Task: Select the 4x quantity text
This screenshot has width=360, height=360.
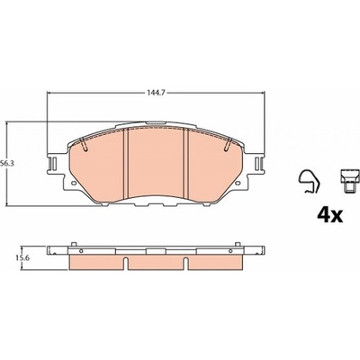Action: (x=329, y=215)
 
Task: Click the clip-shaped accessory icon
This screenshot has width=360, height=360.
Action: (x=309, y=182)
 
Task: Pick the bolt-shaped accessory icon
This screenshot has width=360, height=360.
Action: (x=350, y=181)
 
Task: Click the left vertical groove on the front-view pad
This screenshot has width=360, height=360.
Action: (x=126, y=164)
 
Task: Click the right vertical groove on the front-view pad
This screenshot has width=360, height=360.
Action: (x=185, y=164)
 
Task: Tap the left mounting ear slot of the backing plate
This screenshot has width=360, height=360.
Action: (x=52, y=164)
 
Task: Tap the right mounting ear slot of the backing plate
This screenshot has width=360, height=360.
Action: (x=258, y=164)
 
